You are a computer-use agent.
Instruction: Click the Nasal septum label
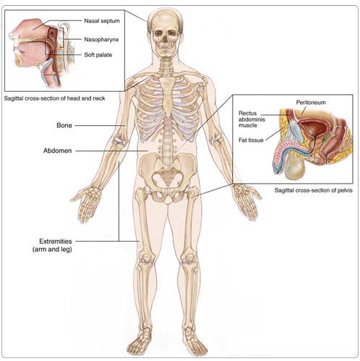tap(102, 21)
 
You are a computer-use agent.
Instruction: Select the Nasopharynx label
tap(101, 39)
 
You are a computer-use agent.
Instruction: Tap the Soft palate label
tap(98, 55)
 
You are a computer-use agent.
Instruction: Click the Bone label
tap(64, 125)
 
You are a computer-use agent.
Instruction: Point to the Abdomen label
tap(57, 150)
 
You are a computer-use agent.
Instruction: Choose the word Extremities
tap(56, 242)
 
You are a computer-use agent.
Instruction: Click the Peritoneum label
tap(311, 103)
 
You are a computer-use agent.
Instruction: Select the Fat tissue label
tap(251, 140)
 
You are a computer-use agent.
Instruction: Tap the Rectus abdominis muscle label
tap(252, 119)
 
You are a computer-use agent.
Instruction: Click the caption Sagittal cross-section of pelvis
tap(314, 190)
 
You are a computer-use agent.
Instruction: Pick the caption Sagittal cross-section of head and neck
tap(55, 98)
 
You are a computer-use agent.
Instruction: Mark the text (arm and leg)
tap(52, 250)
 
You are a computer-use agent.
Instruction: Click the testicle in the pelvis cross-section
tap(296, 168)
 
